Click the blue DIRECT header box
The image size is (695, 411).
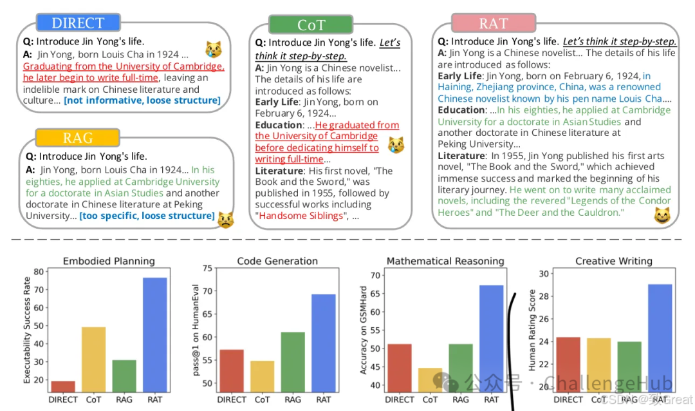pos(77,23)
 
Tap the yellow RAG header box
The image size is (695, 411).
pos(77,137)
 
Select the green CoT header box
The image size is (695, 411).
pos(311,24)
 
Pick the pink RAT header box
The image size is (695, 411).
pos(494,24)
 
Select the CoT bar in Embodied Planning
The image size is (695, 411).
pos(93,358)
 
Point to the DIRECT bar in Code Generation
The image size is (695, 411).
pos(232,369)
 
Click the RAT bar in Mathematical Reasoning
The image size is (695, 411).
pos(491,337)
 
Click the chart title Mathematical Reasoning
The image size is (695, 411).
pos(445,261)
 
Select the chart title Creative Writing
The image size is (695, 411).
pos(613,261)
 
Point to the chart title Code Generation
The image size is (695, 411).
pos(277,261)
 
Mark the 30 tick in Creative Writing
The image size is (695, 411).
pos(543,273)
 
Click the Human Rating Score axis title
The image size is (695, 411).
pos(532,329)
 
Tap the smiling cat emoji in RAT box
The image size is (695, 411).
pos(662,216)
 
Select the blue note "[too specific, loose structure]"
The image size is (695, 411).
pos(147,215)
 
